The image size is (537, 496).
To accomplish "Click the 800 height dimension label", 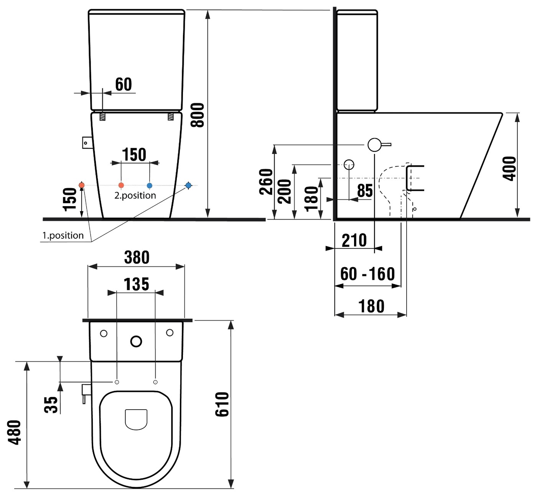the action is coord(198,115).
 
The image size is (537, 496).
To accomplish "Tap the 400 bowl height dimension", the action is coord(509,169).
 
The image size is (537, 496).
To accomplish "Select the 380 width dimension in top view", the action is coord(137,257).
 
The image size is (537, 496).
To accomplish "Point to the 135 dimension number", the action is coord(136,284).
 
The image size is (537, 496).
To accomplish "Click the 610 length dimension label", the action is coord(222,404).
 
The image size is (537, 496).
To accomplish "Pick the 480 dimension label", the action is coord(14,432).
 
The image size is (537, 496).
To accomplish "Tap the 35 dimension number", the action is coord(51,405).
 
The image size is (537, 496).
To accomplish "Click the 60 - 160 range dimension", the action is coord(367,274).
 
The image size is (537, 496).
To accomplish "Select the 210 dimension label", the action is coord(354,240).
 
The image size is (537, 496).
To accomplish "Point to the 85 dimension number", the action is coord(365,190).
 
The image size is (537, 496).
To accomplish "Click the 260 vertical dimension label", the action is coord(266,182).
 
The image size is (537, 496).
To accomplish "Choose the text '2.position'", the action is coord(135,195).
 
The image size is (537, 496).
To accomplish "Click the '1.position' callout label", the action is coord(63,235).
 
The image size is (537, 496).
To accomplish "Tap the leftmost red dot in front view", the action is coord(82,185).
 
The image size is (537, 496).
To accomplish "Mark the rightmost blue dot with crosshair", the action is coord(188,185).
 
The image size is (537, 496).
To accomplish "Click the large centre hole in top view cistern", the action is coord(136,341).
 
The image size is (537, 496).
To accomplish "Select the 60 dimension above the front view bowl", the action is coord(124,84).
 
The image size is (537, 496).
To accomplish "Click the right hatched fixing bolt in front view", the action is coord(171,117).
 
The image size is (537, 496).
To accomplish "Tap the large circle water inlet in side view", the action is coord(374,145).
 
